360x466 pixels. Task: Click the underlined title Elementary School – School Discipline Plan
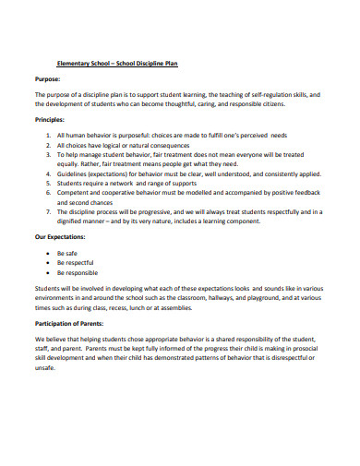tap(116, 63)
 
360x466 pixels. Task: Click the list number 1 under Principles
tap(47, 135)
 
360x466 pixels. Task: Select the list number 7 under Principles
tap(47, 211)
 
